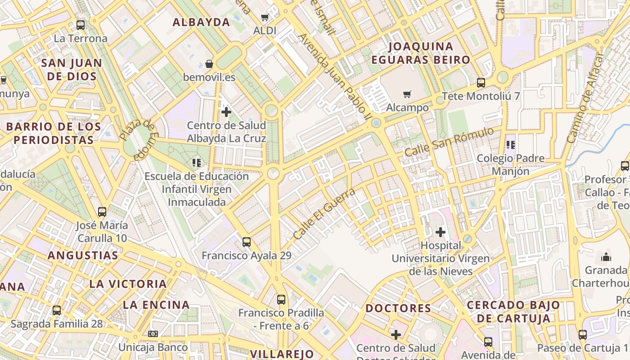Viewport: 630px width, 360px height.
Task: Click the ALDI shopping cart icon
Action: click(265, 18)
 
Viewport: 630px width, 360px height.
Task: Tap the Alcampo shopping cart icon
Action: click(407, 94)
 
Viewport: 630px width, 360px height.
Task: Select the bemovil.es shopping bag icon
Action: click(209, 63)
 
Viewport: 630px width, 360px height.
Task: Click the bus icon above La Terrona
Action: click(81, 25)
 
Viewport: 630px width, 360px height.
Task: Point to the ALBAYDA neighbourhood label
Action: click(202, 22)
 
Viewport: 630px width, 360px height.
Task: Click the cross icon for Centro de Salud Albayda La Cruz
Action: click(226, 112)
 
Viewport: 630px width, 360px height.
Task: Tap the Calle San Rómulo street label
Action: click(449, 142)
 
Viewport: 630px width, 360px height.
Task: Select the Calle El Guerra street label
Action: click(324, 214)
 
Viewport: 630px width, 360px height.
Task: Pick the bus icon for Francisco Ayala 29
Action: click(247, 242)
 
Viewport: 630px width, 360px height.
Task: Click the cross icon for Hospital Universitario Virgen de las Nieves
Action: click(441, 232)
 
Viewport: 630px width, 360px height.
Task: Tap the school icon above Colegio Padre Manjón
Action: click(511, 144)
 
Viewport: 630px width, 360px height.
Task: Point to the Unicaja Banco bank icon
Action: click(153, 333)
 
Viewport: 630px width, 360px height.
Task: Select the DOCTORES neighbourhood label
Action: click(398, 308)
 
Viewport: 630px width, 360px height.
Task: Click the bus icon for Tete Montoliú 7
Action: click(481, 82)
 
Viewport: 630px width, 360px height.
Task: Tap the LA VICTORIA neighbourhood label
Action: click(128, 284)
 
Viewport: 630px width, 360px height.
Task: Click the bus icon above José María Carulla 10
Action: click(102, 211)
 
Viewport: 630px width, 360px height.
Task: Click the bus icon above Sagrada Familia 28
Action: click(57, 310)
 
